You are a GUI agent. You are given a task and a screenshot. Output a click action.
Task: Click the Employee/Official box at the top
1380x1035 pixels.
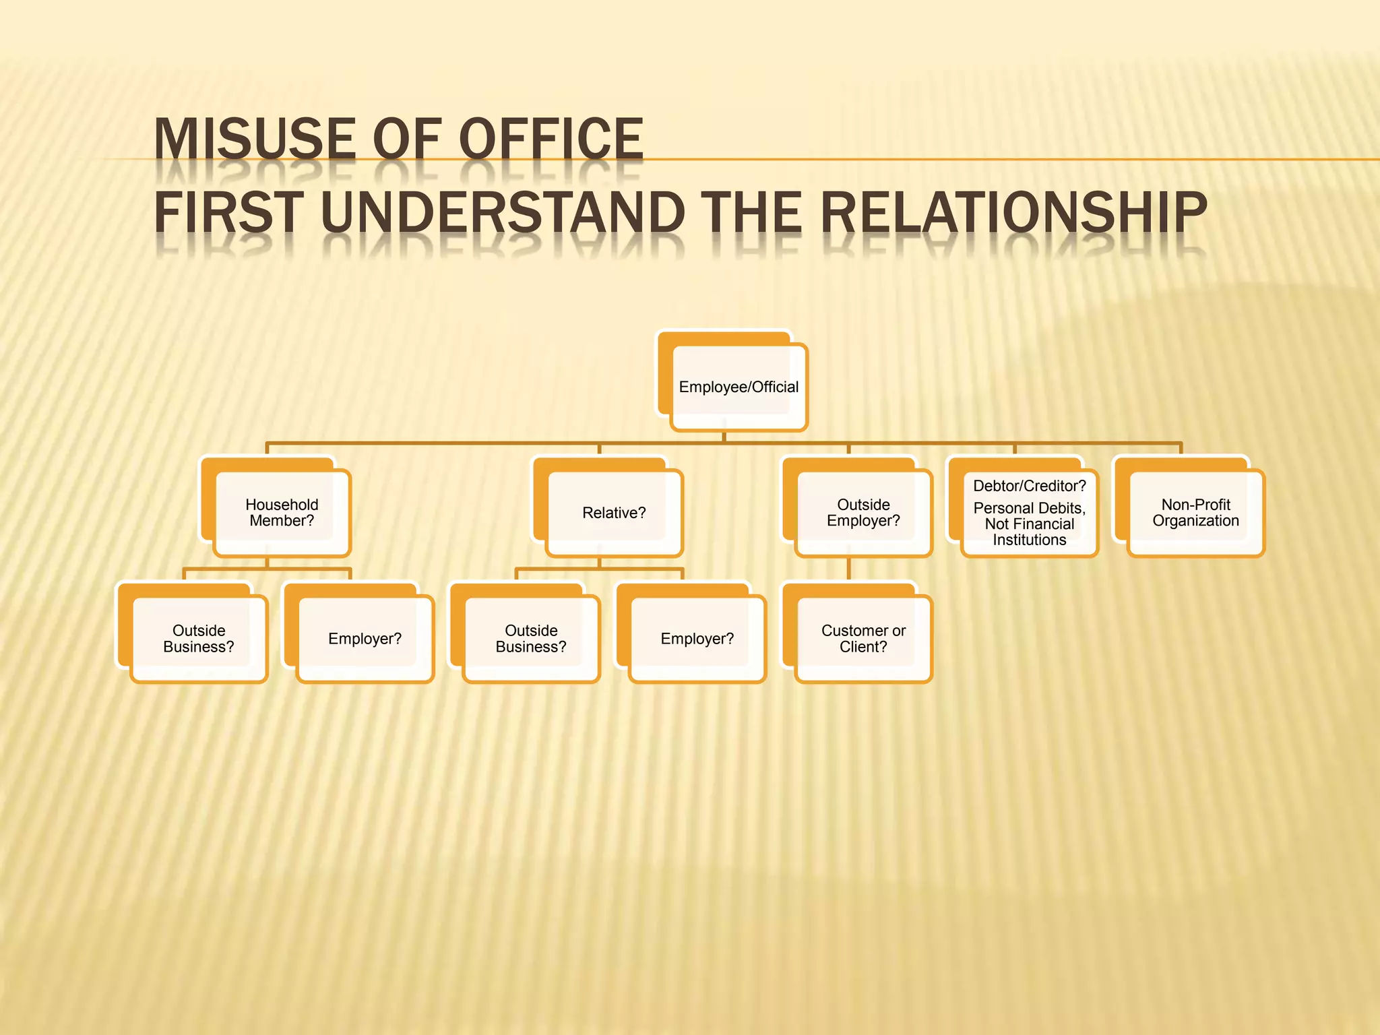click(739, 387)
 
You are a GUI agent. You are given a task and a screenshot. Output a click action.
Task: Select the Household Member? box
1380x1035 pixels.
click(282, 513)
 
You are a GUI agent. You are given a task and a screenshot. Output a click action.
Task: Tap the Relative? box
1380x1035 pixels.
click(614, 513)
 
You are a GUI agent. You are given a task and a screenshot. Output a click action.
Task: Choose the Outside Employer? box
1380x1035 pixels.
click(863, 513)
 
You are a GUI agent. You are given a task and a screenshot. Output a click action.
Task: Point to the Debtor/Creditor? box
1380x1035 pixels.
click(1029, 513)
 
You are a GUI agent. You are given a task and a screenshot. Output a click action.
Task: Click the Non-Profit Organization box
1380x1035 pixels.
click(1195, 513)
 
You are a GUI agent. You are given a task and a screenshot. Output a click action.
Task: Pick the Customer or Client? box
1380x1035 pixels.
click(863, 639)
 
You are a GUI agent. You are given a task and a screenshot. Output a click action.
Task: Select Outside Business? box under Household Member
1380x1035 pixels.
click(199, 639)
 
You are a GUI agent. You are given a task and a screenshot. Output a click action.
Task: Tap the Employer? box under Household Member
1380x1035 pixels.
click(365, 639)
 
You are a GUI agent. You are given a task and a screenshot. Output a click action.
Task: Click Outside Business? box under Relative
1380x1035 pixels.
click(531, 639)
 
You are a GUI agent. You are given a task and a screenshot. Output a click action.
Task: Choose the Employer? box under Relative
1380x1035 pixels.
click(697, 639)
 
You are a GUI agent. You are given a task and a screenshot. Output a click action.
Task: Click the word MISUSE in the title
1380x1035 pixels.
click(255, 139)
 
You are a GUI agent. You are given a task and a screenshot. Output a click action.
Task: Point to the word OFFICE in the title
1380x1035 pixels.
click(551, 139)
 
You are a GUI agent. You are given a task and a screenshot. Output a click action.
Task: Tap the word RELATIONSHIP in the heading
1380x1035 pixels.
click(1013, 212)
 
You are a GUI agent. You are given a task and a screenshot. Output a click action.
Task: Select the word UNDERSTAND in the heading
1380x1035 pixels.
click(503, 212)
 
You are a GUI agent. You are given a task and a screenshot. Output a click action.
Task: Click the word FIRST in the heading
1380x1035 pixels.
click(229, 212)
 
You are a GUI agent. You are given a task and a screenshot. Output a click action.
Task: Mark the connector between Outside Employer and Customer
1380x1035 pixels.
click(848, 569)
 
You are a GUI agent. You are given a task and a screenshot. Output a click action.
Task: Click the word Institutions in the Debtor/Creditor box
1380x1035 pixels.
click(1029, 540)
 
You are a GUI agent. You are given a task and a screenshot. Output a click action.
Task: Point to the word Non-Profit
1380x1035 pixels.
click(1195, 505)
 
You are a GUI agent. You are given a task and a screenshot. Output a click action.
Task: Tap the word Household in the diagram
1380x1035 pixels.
click(282, 505)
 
